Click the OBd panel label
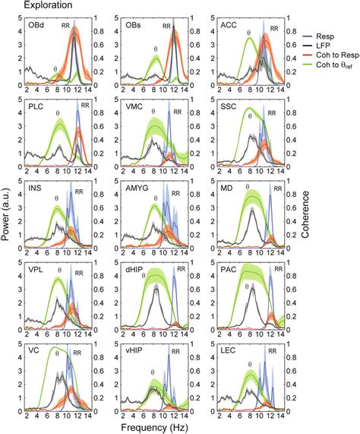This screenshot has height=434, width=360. pos(36,24)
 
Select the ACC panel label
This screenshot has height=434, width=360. pos(229,24)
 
